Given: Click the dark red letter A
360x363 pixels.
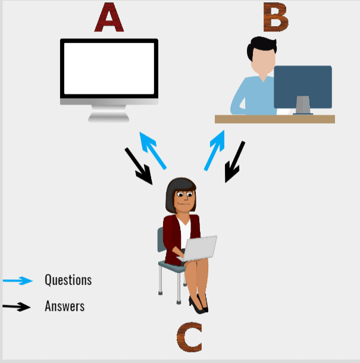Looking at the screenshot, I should point(109,18).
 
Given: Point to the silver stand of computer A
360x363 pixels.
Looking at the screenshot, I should point(109,114).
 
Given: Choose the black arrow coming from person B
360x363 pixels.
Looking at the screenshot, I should point(234,161).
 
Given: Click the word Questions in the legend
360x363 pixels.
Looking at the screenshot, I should point(68,280).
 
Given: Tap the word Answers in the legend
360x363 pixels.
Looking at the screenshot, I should point(64,306).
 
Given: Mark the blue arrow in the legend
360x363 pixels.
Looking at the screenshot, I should point(17,280).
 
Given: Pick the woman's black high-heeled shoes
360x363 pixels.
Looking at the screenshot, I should point(198,305).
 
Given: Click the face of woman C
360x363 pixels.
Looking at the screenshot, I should point(184,199).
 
